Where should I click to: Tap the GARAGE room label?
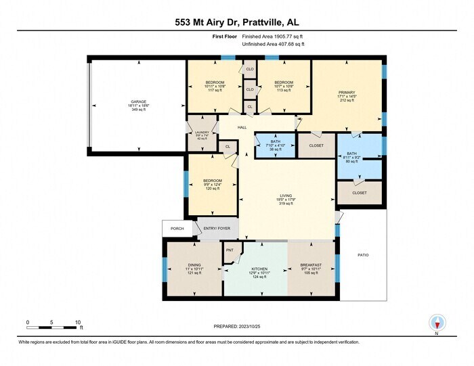tap(139, 103)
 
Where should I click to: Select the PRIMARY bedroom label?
tap(347, 92)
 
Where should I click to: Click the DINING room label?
tap(194, 265)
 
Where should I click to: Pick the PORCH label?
tap(177, 229)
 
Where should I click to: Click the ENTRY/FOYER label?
tap(217, 229)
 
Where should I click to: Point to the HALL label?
tap(242, 127)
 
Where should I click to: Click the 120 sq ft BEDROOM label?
tap(213, 181)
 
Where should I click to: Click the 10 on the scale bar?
tap(78, 322)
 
